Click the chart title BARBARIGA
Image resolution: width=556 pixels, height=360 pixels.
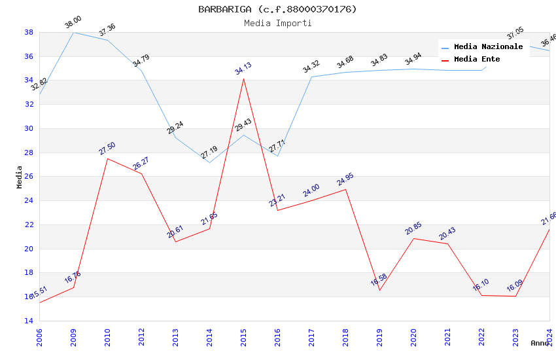click(x=278, y=9)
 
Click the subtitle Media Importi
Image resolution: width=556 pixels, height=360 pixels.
click(x=278, y=23)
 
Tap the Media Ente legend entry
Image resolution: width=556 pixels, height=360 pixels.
click(x=477, y=59)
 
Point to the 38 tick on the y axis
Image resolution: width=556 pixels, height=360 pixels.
click(x=29, y=32)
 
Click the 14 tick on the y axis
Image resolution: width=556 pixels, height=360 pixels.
click(x=29, y=321)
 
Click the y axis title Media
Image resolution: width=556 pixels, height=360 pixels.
click(x=20, y=177)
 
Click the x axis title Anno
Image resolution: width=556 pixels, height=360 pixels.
click(x=540, y=343)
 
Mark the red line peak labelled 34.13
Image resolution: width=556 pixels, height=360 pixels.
click(x=243, y=79)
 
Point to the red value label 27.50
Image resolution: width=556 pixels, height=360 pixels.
click(x=107, y=149)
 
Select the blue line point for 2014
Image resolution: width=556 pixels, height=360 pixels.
click(x=209, y=162)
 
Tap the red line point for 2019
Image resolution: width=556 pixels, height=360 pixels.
click(x=379, y=290)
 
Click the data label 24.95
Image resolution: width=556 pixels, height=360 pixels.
click(x=345, y=179)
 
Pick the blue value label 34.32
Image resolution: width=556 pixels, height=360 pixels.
click(x=311, y=66)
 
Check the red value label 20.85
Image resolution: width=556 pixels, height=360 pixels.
click(x=413, y=228)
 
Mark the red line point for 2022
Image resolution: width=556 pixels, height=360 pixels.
click(x=481, y=295)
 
